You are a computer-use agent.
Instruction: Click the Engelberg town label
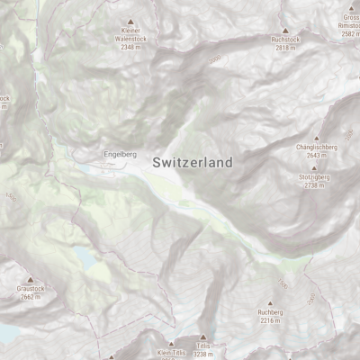(x=120, y=155)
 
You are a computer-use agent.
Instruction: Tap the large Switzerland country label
(x=193, y=163)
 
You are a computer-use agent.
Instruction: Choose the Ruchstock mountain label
(x=284, y=40)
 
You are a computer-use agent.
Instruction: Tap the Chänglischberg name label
(x=315, y=146)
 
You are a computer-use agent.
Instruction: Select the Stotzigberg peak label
(x=312, y=177)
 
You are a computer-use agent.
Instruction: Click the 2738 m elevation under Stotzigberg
(x=312, y=185)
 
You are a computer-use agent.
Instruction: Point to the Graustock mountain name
(x=30, y=289)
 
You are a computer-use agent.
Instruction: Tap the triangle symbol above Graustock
(x=30, y=280)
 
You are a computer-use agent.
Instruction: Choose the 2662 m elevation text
(x=30, y=296)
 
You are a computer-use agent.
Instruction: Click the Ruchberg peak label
(x=270, y=312)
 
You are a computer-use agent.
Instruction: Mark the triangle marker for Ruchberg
(x=270, y=303)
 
